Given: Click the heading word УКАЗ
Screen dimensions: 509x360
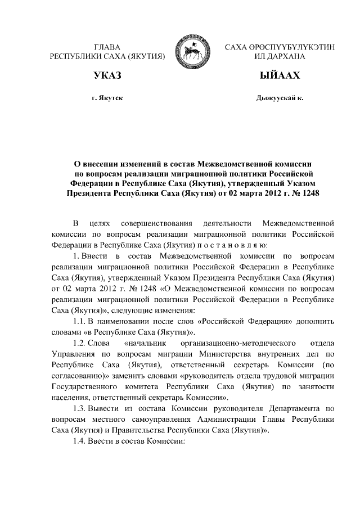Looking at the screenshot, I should [x=107, y=75].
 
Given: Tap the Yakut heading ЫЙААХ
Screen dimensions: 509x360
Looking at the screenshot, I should [x=280, y=75].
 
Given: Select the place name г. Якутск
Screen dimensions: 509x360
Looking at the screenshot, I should [x=107, y=98].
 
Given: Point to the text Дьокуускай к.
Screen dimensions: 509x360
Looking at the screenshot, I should [x=280, y=98].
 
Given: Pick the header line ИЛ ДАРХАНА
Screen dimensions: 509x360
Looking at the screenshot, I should [x=280, y=56].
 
